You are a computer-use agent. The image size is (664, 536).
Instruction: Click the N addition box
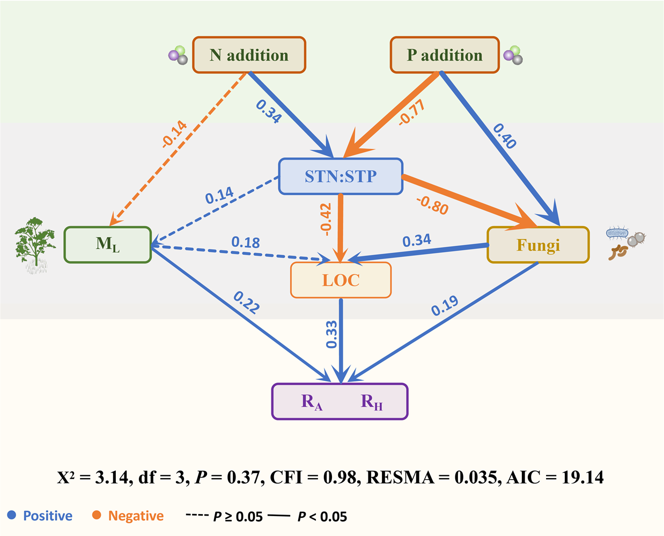pyautogui.click(x=249, y=55)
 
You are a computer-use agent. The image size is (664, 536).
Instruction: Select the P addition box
pyautogui.click(x=445, y=55)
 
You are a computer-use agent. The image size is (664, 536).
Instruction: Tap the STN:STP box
pyautogui.click(x=341, y=177)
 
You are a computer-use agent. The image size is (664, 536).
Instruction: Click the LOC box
pyautogui.click(x=341, y=280)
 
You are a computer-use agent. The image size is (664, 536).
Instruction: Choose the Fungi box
pyautogui.click(x=538, y=245)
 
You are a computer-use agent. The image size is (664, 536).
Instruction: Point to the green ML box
pyautogui.click(x=108, y=245)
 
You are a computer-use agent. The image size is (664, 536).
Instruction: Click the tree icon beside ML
pyautogui.click(x=35, y=245)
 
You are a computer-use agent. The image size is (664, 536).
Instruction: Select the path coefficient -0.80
pyautogui.click(x=432, y=205)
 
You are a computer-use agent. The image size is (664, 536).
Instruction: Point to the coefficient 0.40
pyautogui.click(x=505, y=136)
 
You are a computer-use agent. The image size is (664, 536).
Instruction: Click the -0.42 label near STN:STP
pyautogui.click(x=326, y=219)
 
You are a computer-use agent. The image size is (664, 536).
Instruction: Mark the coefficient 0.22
pyautogui.click(x=247, y=302)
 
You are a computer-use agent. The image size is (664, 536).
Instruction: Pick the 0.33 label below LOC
pyautogui.click(x=331, y=334)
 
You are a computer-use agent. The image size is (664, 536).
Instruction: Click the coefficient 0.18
pyautogui.click(x=246, y=243)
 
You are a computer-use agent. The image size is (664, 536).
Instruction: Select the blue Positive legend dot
pyautogui.click(x=11, y=515)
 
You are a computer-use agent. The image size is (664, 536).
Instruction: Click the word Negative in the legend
pyautogui.click(x=136, y=516)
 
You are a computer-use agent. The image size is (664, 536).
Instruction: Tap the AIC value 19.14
pyautogui.click(x=582, y=477)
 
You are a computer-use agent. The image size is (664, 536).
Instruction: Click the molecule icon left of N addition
pyautogui.click(x=178, y=55)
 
